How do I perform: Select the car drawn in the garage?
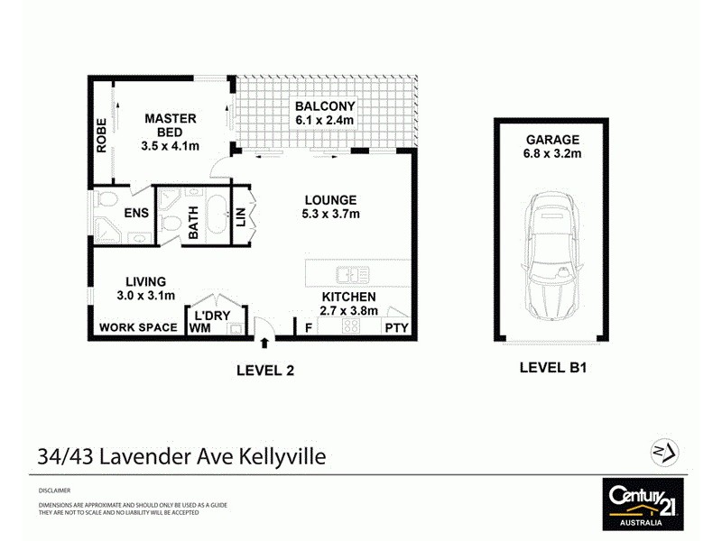(551, 256)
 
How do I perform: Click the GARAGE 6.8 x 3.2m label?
(552, 146)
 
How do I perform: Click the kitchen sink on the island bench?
(346, 274)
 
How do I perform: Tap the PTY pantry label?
(397, 328)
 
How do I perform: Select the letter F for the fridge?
(309, 328)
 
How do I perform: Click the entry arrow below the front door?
(264, 343)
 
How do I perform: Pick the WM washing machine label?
(199, 329)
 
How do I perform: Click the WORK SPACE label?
(138, 327)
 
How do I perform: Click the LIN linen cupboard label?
(241, 219)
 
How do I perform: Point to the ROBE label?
(101, 135)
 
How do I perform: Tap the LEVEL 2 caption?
(265, 369)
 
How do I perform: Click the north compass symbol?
(665, 451)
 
